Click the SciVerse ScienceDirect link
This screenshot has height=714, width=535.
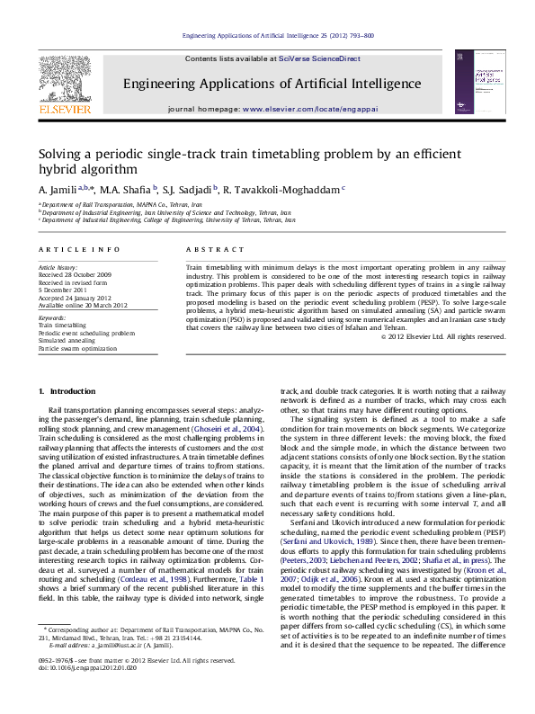pos(319,58)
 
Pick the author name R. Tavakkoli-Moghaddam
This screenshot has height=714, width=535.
pos(292,190)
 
